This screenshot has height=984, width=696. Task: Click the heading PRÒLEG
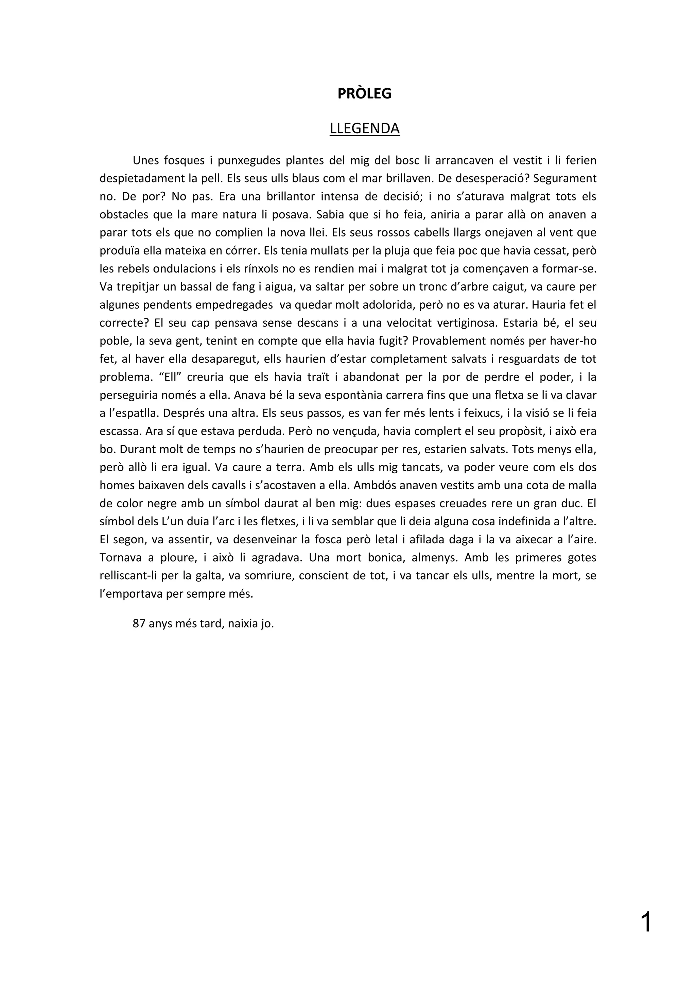click(x=364, y=94)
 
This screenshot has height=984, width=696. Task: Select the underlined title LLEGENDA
click(x=364, y=128)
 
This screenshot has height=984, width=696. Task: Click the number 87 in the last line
click(x=139, y=623)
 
